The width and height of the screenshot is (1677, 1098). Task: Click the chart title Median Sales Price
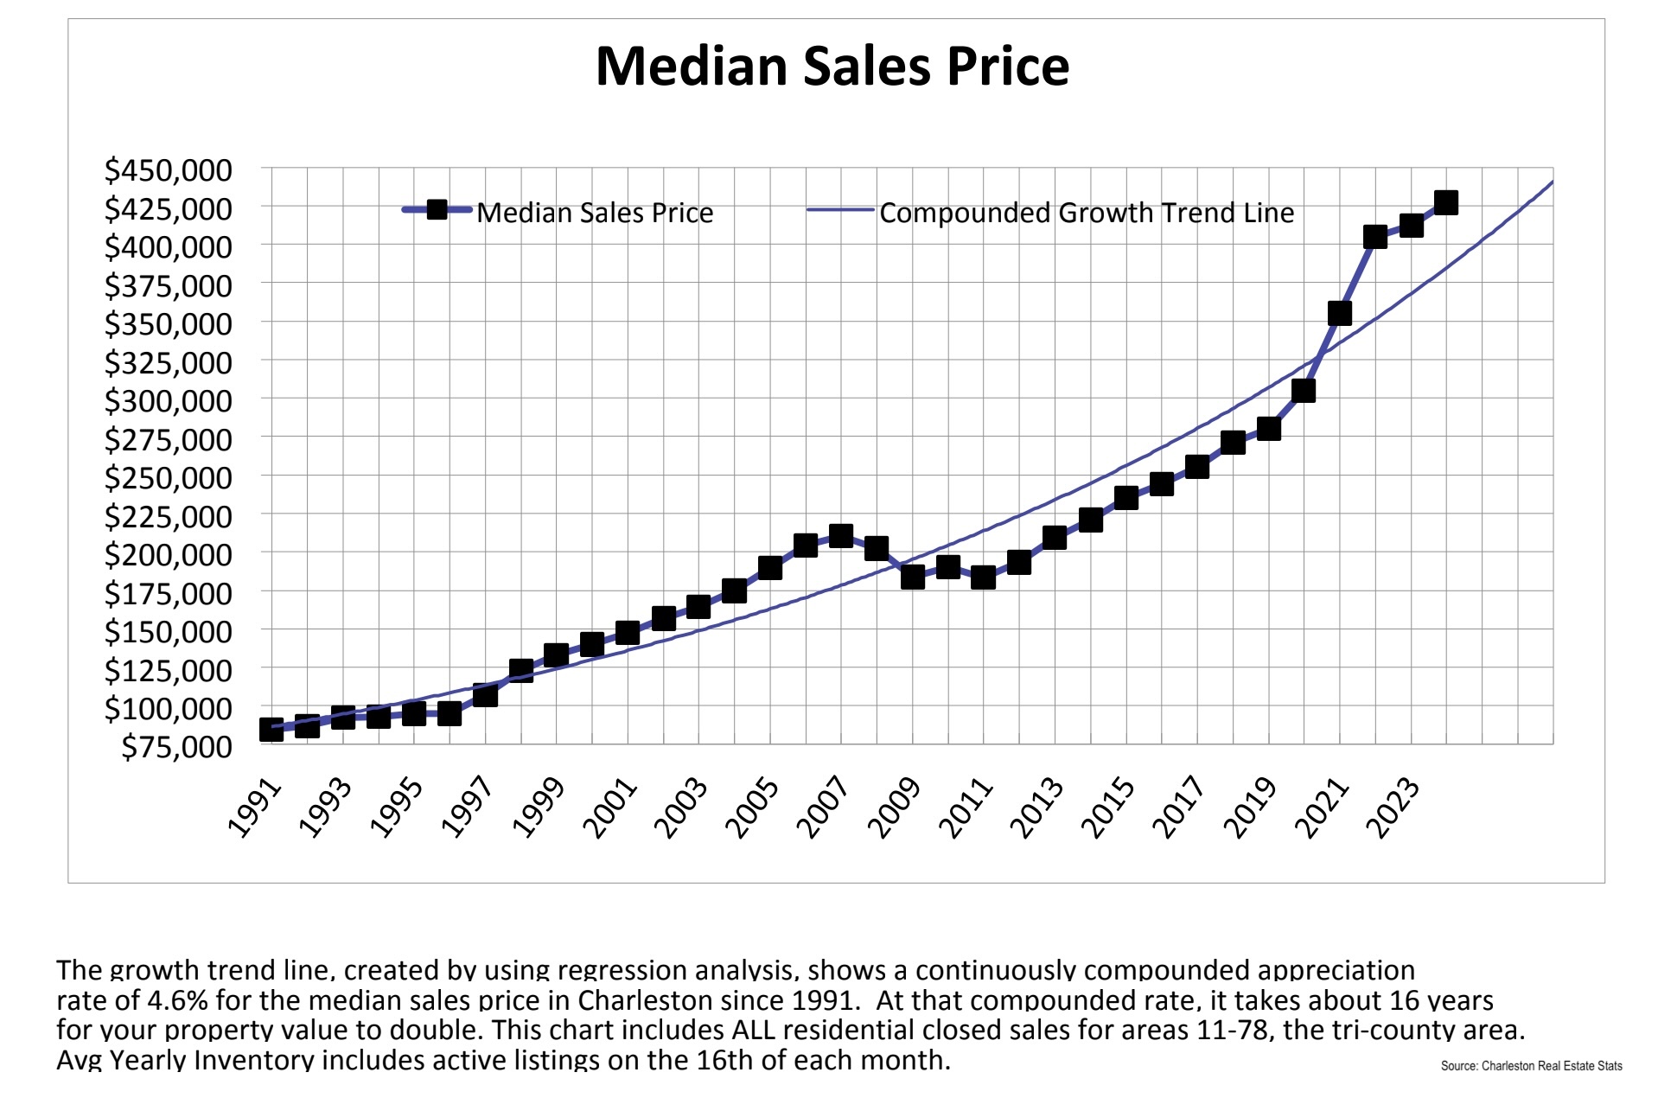click(x=832, y=66)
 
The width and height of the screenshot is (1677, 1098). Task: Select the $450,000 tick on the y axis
click(x=169, y=170)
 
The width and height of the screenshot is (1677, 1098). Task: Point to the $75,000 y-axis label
click(x=176, y=746)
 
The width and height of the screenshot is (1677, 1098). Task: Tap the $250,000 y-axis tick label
click(x=169, y=477)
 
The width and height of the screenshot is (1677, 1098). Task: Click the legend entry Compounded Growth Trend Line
click(x=1087, y=213)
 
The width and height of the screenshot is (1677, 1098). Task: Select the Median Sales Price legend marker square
click(x=437, y=210)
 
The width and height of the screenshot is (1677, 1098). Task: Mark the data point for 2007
click(x=840, y=536)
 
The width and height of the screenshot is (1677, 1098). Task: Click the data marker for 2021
click(x=1339, y=313)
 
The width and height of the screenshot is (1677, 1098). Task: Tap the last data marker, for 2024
click(x=1445, y=203)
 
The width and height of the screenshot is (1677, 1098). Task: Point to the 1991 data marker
click(x=271, y=730)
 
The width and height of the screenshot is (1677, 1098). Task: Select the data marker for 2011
click(x=983, y=578)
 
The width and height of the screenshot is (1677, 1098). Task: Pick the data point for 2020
click(x=1304, y=391)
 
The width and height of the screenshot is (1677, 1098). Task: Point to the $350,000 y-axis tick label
click(x=169, y=324)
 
